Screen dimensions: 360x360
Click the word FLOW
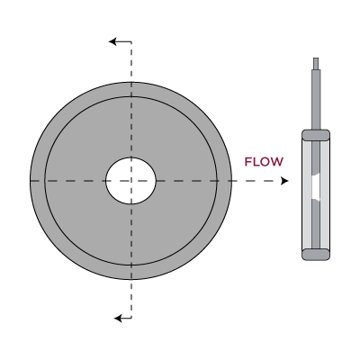tap(264, 162)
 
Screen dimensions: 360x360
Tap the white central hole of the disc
tap(130, 181)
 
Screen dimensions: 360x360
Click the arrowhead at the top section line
tap(112, 41)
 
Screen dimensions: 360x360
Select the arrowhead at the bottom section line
tap(118, 318)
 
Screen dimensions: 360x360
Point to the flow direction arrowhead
tap(284, 181)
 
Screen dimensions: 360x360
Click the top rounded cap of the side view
tap(316, 134)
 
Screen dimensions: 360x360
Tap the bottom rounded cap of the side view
tap(316, 254)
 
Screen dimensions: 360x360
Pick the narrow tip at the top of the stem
tap(316, 64)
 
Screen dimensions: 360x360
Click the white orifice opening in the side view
tap(316, 187)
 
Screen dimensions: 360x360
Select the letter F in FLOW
tap(248, 162)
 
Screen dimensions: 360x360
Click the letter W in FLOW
tap(276, 162)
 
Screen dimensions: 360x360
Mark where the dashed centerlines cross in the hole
tap(131, 181)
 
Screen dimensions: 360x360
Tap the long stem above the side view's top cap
tap(316, 100)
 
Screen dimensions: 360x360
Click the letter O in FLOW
tap(264, 162)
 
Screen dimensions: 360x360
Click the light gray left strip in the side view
tap(307, 194)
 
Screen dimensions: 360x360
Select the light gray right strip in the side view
tap(325, 194)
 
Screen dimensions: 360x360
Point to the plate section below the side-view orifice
tap(316, 224)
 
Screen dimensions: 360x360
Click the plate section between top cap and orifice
tap(316, 158)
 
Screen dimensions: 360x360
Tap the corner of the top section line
tap(131, 41)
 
